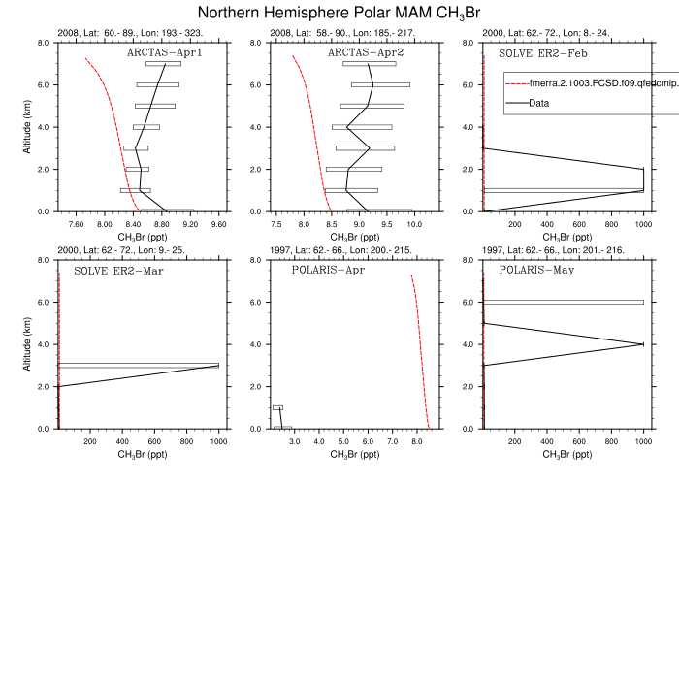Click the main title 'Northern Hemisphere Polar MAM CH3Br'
[x=339, y=13]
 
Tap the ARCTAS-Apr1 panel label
[x=165, y=52]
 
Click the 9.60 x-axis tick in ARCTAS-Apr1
[x=218, y=224]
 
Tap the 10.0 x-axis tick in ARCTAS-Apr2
[x=415, y=224]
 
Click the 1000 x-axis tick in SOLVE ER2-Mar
[x=217, y=441]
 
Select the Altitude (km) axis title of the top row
[x=26, y=127]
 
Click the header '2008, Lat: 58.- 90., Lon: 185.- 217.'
[x=339, y=34]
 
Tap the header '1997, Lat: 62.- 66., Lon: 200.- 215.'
[x=339, y=250]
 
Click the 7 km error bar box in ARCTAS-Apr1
[x=163, y=64]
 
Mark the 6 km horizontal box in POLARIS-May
[x=564, y=302]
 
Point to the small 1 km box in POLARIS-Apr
[x=277, y=407]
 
